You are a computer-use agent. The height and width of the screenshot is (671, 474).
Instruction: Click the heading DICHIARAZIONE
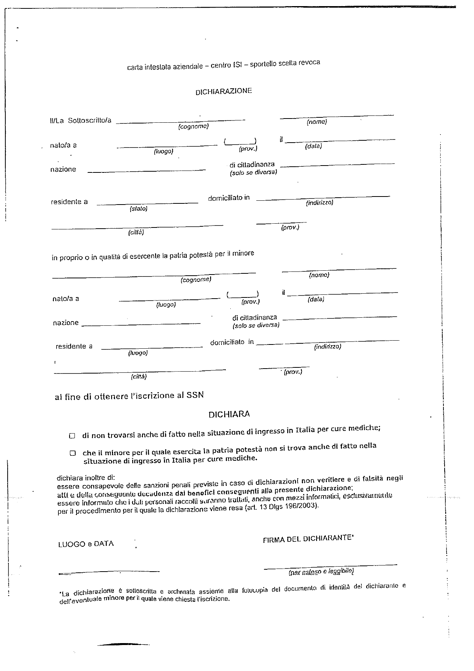[223, 91]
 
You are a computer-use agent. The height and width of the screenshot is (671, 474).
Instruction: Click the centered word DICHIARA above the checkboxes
[229, 414]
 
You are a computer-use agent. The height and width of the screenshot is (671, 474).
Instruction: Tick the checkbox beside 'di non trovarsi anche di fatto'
[72, 435]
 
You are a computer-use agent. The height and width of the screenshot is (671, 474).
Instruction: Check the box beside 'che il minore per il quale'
[73, 453]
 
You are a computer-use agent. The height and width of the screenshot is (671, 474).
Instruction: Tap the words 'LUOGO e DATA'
[86, 543]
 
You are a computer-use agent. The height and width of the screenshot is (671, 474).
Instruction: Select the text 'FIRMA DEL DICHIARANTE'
[308, 538]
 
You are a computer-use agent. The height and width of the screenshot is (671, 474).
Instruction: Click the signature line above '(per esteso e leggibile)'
[330, 566]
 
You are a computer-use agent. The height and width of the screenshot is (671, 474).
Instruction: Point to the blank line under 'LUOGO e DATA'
[109, 572]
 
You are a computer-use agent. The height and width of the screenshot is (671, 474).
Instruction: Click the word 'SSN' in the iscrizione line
[195, 395]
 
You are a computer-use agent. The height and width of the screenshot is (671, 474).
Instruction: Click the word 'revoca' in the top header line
[310, 62]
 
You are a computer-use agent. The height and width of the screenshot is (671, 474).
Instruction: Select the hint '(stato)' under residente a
[138, 209]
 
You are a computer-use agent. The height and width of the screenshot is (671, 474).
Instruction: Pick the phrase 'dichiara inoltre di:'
[86, 478]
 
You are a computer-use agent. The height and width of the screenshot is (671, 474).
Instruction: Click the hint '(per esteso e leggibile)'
[321, 572]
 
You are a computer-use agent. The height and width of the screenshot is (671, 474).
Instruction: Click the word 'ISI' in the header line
[237, 65]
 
